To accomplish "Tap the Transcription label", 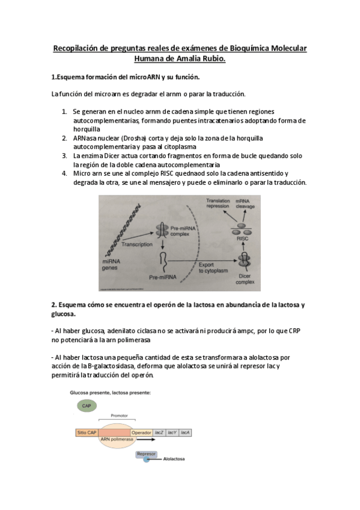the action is [138, 245].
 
